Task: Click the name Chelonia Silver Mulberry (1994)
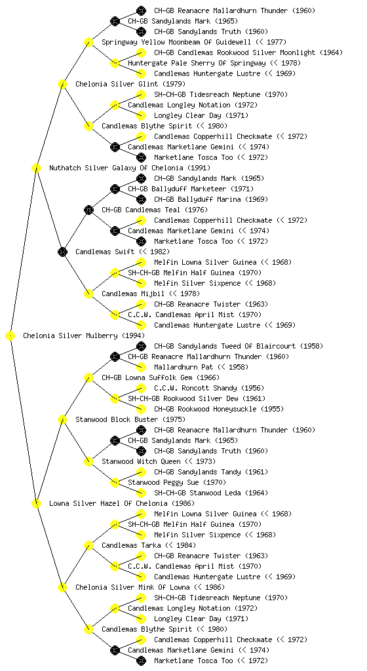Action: [84, 335]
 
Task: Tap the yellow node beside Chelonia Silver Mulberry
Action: [10, 336]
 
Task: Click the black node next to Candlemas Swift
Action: [62, 252]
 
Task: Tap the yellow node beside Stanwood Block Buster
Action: [62, 420]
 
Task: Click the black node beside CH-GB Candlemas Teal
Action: [88, 210]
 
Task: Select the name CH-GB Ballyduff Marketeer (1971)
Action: [191, 189]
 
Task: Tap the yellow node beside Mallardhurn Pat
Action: [141, 367]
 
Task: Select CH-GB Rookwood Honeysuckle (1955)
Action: [219, 409]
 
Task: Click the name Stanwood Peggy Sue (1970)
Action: [177, 482]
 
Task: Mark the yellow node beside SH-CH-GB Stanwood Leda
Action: [141, 493]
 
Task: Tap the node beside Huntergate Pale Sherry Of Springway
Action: [115, 64]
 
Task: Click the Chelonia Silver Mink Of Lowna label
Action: [149, 587]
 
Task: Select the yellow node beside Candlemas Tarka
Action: [88, 546]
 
